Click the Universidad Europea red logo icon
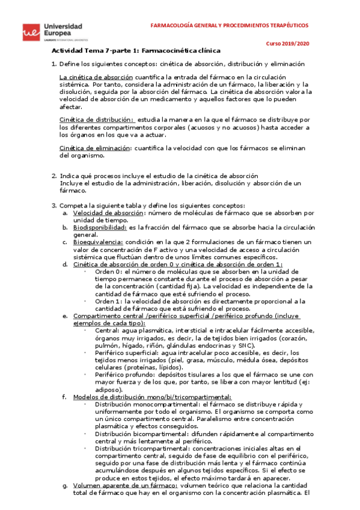(x=29, y=32)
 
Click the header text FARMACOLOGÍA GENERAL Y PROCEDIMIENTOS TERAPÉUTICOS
(x=229, y=26)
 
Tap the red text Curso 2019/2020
(x=288, y=44)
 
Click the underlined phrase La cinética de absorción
(x=97, y=78)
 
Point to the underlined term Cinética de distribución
(x=97, y=120)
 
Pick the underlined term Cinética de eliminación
(x=94, y=148)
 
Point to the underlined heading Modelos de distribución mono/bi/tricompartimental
(x=152, y=397)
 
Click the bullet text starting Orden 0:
(x=108, y=272)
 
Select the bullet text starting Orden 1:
(x=108, y=301)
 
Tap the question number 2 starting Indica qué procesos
(x=53, y=176)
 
